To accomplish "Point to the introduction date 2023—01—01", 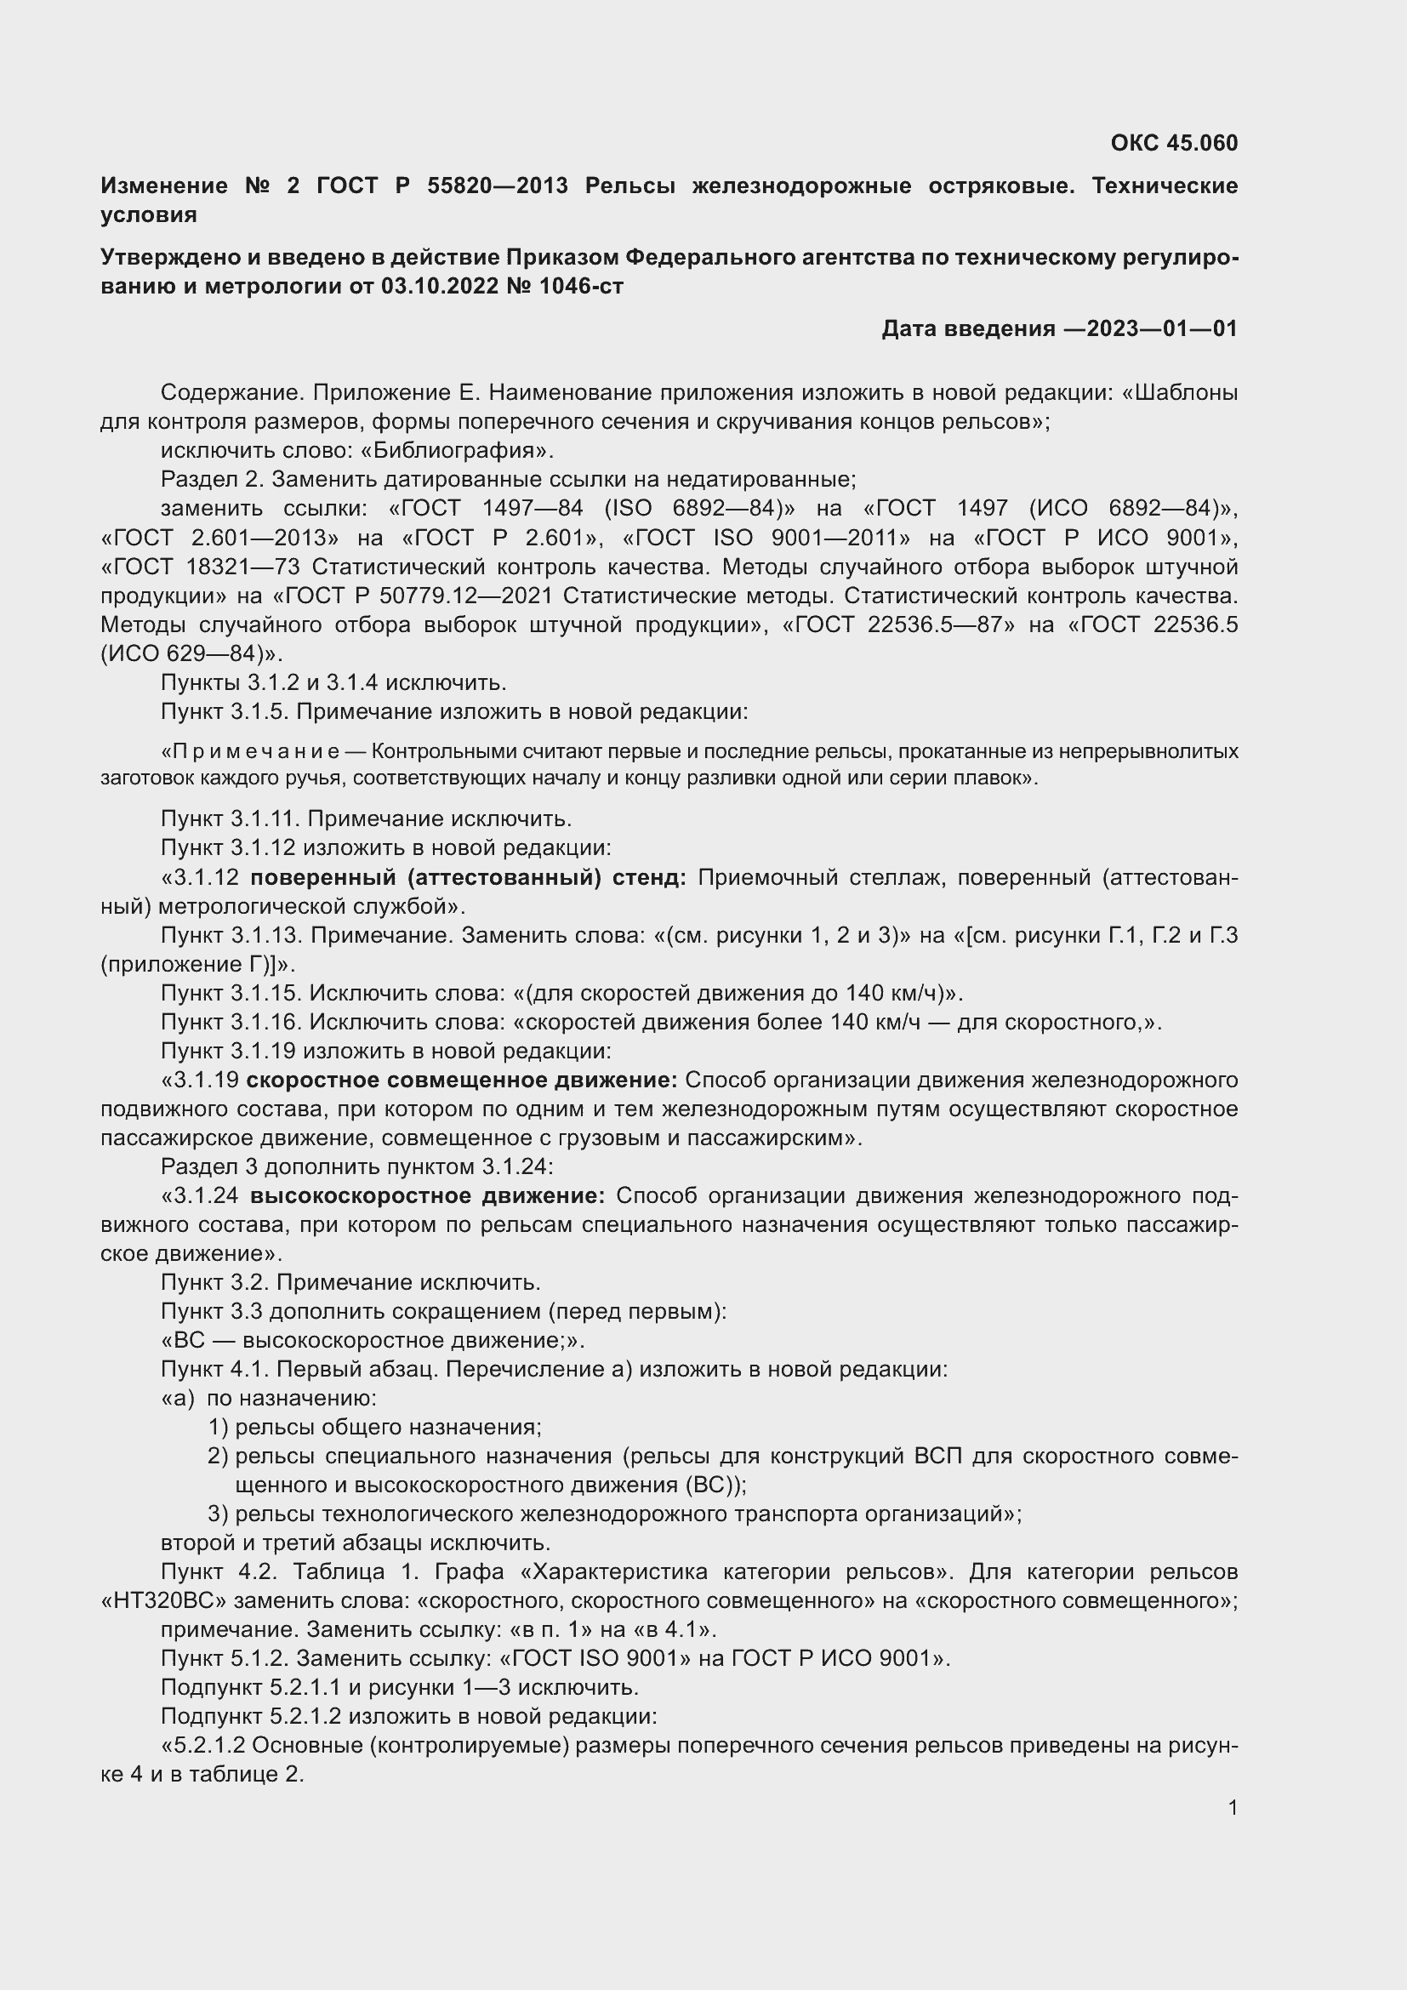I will [x=1161, y=328].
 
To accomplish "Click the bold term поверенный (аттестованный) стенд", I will [x=468, y=878].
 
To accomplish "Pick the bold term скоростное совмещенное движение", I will [x=462, y=1081].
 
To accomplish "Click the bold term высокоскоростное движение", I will [x=427, y=1196].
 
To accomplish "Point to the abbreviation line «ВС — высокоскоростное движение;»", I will [x=373, y=1341].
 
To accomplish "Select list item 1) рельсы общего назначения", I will [x=375, y=1428].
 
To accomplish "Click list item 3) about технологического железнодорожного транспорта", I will [x=614, y=1514].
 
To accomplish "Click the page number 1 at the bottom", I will [x=1232, y=1808].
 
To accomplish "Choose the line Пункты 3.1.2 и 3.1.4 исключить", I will [x=333, y=683].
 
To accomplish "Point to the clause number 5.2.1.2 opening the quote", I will [x=210, y=1746].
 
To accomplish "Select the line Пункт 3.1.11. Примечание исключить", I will [x=366, y=819].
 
